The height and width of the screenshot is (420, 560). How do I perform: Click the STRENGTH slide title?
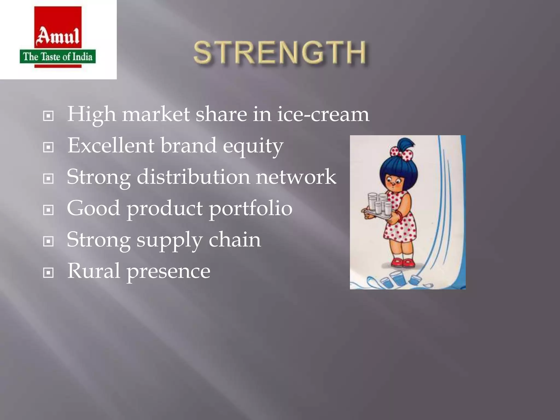279,52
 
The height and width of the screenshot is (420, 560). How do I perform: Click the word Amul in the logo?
58,36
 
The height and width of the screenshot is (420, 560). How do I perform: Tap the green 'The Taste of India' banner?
58,57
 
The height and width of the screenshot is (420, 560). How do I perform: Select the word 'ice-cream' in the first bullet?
323,114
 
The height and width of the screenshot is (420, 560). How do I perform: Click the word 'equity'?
253,146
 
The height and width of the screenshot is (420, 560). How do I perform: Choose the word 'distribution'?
193,177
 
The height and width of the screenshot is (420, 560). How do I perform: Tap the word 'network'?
296,177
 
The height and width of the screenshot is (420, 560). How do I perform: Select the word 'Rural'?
94,271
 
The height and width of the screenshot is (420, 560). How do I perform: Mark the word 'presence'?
168,272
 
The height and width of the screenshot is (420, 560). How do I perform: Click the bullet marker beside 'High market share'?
48,116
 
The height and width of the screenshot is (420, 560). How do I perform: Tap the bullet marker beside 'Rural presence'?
48,273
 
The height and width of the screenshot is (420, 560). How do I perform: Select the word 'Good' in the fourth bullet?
93,208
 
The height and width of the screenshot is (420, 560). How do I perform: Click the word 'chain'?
235,240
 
